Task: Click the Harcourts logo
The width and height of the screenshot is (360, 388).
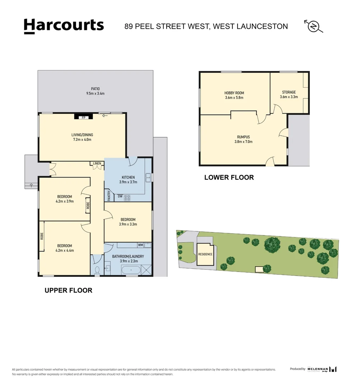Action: [x=64, y=26]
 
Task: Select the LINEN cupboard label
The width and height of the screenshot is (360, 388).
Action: [x=97, y=164]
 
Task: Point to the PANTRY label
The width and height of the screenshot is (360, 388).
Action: [x=109, y=195]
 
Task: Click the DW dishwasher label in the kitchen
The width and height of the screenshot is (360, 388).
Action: [x=120, y=197]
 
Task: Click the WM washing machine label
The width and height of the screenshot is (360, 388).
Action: [x=140, y=245]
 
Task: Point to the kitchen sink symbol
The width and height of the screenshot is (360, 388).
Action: [x=148, y=177]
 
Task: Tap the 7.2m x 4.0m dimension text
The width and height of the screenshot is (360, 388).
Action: [x=82, y=139]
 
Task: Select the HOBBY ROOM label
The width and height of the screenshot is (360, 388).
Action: [x=234, y=93]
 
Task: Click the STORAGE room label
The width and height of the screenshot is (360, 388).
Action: [x=289, y=92]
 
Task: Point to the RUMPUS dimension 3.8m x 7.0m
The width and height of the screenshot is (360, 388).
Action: [x=243, y=142]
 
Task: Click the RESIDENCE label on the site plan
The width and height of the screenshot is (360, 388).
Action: [x=206, y=254]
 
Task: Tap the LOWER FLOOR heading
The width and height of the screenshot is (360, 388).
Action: [x=229, y=177]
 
